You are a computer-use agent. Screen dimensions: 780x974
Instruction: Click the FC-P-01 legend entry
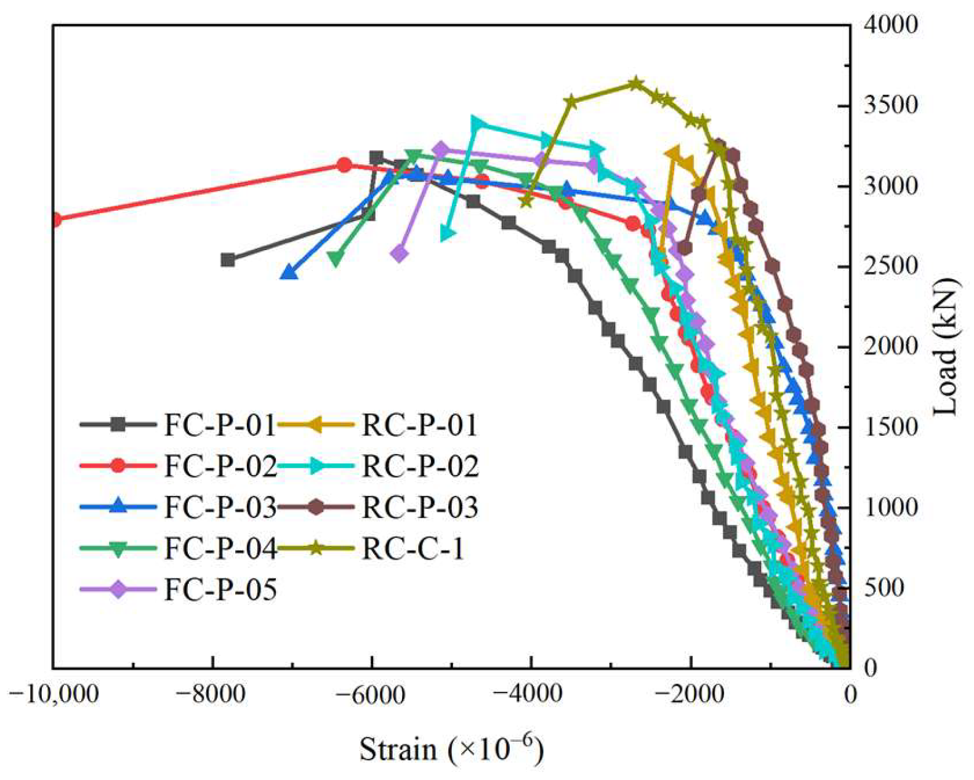click(219, 425)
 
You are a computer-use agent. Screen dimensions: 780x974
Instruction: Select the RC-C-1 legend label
click(413, 549)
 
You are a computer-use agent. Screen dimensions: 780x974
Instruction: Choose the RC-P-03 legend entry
click(419, 508)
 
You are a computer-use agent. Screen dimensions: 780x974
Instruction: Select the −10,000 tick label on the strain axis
click(54, 694)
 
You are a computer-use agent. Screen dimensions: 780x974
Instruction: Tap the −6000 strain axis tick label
click(372, 694)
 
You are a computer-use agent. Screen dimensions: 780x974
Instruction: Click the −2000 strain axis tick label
click(690, 694)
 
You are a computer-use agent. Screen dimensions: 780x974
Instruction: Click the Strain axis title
click(451, 749)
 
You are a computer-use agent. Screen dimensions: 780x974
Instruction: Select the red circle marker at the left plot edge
click(55, 219)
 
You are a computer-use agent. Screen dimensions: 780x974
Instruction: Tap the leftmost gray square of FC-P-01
click(228, 259)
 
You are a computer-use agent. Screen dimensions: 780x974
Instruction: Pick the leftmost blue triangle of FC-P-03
click(289, 272)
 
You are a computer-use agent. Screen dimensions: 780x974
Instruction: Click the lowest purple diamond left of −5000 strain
click(399, 254)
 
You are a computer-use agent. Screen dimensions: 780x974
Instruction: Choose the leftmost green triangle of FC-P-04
click(335, 259)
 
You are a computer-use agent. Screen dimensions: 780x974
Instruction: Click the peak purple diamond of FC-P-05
click(441, 149)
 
